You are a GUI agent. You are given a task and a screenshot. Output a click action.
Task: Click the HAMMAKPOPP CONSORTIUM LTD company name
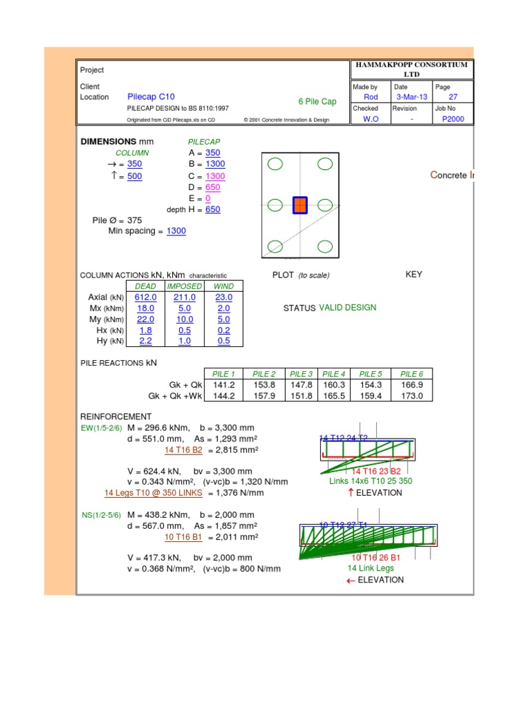point(411,69)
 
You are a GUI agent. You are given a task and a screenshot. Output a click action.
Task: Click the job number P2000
point(453,119)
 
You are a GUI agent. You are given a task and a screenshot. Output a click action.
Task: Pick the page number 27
point(453,97)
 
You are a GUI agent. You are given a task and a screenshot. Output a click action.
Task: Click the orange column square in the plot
point(300,205)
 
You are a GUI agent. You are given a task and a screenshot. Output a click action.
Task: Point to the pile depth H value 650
point(213,209)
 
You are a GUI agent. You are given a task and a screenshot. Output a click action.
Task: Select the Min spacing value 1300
point(176,231)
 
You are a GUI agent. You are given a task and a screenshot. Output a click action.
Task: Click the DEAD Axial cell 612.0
point(145,297)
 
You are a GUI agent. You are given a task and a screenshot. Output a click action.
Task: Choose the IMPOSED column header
point(184,286)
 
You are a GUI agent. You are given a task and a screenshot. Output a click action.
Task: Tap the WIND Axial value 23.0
point(224,297)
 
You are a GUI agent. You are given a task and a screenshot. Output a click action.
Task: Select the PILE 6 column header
point(411,374)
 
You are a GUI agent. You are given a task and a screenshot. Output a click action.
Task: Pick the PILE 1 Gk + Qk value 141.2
point(224,385)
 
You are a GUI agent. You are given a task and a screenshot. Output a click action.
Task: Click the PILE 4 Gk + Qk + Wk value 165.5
point(333,396)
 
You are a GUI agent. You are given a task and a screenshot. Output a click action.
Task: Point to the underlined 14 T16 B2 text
point(183,450)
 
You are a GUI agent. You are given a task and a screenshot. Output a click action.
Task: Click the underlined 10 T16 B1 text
point(183,537)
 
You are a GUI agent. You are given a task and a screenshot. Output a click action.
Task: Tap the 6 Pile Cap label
point(317,102)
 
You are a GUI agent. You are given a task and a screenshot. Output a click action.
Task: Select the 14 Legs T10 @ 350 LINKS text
point(154,493)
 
